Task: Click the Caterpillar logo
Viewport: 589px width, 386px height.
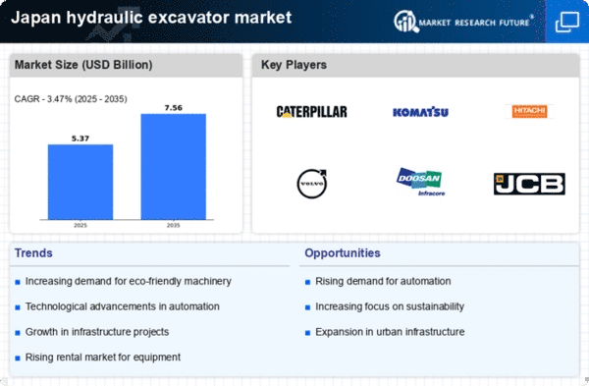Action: (311, 112)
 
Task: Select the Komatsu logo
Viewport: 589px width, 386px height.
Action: (420, 112)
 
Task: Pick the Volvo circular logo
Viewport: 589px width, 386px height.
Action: (311, 183)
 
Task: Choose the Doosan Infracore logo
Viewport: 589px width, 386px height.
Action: (420, 182)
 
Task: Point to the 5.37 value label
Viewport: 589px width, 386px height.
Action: (80, 138)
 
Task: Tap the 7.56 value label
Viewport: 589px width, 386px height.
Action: (173, 107)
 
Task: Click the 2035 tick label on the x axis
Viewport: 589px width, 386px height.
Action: (173, 224)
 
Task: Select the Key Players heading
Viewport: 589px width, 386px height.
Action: (294, 66)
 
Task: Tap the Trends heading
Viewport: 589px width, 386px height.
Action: (35, 253)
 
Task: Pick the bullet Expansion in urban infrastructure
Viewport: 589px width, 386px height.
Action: (391, 330)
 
